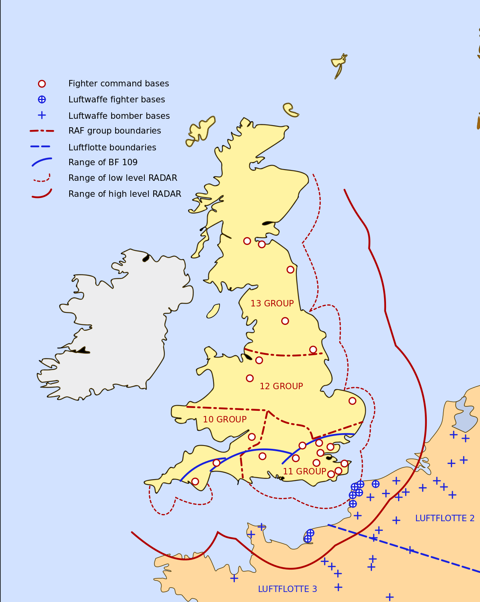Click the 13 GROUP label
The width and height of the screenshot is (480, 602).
272,304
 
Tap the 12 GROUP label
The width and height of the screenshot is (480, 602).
281,386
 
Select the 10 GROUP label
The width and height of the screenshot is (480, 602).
224,420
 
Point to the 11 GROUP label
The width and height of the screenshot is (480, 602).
304,472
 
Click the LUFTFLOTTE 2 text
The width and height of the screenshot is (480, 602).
444,518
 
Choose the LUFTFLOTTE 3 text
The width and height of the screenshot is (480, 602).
287,589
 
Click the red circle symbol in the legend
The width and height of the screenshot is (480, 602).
42,84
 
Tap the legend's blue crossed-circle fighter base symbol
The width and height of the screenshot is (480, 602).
42,100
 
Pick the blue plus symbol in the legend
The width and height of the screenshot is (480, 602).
42,115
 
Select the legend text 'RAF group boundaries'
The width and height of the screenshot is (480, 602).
114,131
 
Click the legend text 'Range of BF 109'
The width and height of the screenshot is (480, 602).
103,162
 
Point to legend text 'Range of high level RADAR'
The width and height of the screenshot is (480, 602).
124,194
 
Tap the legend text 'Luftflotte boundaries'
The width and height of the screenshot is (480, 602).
112,148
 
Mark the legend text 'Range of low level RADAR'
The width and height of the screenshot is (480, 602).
122,178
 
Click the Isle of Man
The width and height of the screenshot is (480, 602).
213,311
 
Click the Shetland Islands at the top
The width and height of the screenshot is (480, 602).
339,65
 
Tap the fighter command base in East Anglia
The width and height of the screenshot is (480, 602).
352,401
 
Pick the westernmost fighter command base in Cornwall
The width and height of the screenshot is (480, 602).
195,481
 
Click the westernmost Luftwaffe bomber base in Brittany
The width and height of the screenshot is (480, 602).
234,578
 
